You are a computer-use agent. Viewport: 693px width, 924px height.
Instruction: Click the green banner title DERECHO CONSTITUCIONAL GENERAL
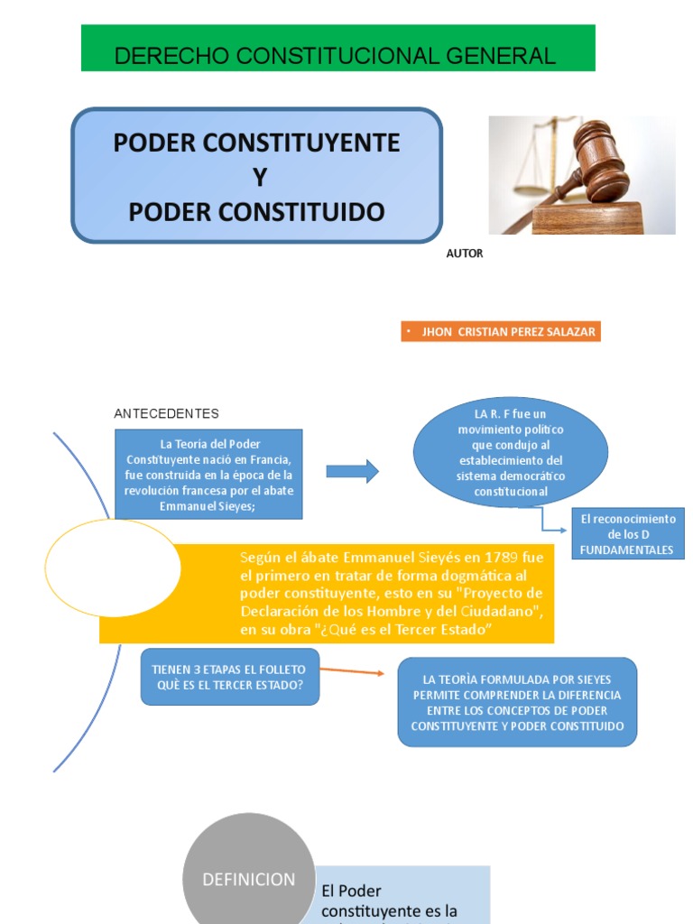point(335,56)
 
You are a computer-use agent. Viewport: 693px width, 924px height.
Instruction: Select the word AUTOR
point(465,254)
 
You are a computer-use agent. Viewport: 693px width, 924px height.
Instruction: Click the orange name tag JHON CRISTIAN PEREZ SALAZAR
point(501,332)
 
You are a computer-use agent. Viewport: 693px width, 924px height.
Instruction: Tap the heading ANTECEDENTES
point(166,413)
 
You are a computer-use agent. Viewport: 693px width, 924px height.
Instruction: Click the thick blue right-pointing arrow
point(352,471)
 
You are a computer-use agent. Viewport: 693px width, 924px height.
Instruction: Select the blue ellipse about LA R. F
point(511,453)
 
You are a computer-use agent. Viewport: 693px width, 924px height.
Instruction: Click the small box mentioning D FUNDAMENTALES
point(628,534)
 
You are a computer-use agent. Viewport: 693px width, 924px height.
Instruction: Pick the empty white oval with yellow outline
point(113,568)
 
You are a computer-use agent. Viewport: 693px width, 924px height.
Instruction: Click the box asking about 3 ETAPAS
point(229,677)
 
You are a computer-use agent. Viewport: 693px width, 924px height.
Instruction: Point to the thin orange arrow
point(351,671)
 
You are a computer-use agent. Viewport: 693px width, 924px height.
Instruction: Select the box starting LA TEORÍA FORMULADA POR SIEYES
point(517,702)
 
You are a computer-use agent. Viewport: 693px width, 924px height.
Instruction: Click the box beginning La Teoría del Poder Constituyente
point(208,475)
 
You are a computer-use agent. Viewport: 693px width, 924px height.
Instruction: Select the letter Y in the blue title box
point(260,178)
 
